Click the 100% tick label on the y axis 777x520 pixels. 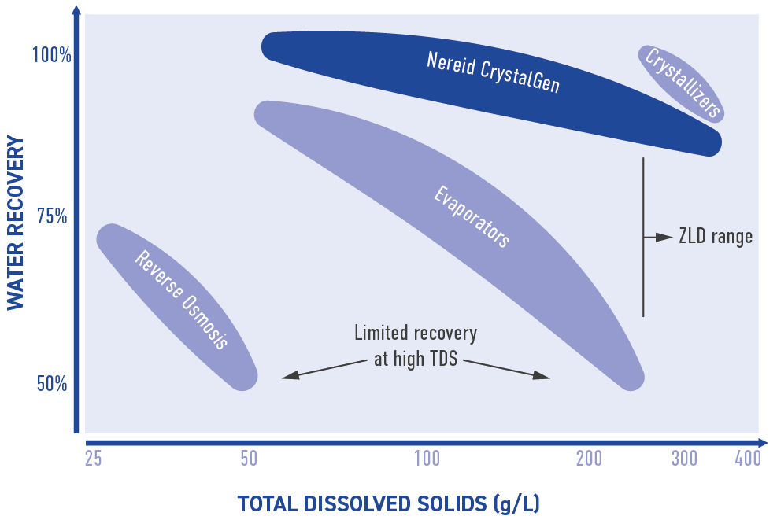click(52, 54)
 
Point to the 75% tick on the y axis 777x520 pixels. click(52, 216)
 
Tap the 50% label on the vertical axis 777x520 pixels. click(52, 383)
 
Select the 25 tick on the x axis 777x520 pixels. click(93, 459)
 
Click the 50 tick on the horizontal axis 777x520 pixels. click(249, 459)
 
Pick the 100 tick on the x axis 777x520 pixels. click(427, 459)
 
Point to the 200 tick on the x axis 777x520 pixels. click(589, 459)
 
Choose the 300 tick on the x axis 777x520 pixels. click(684, 459)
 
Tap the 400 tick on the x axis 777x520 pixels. click(748, 459)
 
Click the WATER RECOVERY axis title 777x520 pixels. click(16, 223)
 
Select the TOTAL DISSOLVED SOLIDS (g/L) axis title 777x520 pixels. click(389, 503)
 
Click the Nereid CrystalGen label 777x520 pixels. click(493, 72)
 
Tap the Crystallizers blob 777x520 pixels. click(682, 83)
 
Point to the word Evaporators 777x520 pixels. click(472, 216)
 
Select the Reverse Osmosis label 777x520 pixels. click(182, 299)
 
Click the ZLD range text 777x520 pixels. click(716, 237)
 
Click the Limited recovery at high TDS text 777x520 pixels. click(416, 345)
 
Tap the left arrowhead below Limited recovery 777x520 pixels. click(290, 375)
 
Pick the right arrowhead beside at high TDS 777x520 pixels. click(542, 375)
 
